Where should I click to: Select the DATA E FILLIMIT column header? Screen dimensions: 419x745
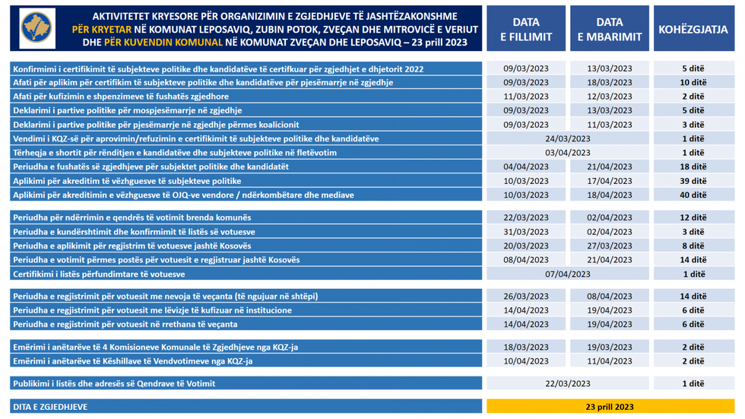click(x=526, y=29)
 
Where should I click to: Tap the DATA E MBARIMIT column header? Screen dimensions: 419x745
click(x=610, y=29)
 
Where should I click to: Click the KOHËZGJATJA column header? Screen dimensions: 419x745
click(x=693, y=29)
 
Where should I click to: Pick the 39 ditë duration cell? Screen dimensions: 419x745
click(x=693, y=181)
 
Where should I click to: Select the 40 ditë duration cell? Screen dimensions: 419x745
click(x=693, y=195)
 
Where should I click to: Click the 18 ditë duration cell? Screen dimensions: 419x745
click(x=693, y=167)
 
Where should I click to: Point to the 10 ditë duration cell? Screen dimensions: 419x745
click(x=693, y=82)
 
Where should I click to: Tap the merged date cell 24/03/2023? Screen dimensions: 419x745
click(x=568, y=138)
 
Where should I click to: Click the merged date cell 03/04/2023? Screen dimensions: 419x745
click(x=568, y=153)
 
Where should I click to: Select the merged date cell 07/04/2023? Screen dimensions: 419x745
click(x=568, y=274)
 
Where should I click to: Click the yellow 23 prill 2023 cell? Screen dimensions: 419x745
click(x=610, y=407)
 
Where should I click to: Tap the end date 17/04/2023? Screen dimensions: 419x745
click(x=610, y=181)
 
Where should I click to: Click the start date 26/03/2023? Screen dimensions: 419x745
click(x=526, y=296)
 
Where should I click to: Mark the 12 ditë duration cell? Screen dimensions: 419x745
click(x=693, y=217)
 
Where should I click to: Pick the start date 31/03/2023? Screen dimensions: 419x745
click(x=526, y=231)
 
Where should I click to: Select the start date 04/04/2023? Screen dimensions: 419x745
click(x=526, y=167)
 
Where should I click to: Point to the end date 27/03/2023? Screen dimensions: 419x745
click(x=610, y=246)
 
